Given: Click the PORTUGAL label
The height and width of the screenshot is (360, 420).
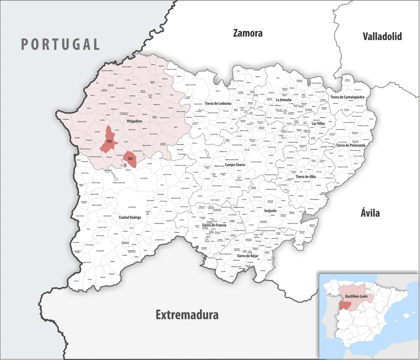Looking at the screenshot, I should click(60, 44).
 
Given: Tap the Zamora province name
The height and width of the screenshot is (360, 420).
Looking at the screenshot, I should click(248, 33).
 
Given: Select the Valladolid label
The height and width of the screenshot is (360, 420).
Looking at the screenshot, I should click(382, 36).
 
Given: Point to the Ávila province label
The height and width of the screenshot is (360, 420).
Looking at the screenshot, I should click(370, 213).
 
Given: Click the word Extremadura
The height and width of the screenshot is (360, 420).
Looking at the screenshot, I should click(187, 315).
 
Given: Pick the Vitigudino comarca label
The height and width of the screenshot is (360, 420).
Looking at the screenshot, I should click(135, 121).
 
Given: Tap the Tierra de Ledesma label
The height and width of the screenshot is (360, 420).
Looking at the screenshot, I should click(218, 103).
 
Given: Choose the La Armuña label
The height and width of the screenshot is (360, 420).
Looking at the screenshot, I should click(283, 100).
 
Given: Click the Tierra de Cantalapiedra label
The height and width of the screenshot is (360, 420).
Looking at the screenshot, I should click(347, 97).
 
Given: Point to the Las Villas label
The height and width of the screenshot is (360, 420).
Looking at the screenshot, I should click(318, 124).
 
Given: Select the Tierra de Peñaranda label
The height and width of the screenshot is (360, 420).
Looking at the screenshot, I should click(350, 145).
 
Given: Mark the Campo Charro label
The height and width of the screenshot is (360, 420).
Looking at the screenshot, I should click(235, 165).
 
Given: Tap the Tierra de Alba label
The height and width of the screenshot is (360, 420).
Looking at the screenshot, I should click(305, 177).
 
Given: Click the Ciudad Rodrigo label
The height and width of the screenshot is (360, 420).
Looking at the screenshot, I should click(130, 217).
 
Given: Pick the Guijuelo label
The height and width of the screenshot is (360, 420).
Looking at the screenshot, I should click(270, 211).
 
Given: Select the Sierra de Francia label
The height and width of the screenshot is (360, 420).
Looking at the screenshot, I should click(214, 225).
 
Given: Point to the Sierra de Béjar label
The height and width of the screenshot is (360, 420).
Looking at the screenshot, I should click(247, 256).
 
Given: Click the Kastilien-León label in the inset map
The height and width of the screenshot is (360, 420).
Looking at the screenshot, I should click(356, 296).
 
